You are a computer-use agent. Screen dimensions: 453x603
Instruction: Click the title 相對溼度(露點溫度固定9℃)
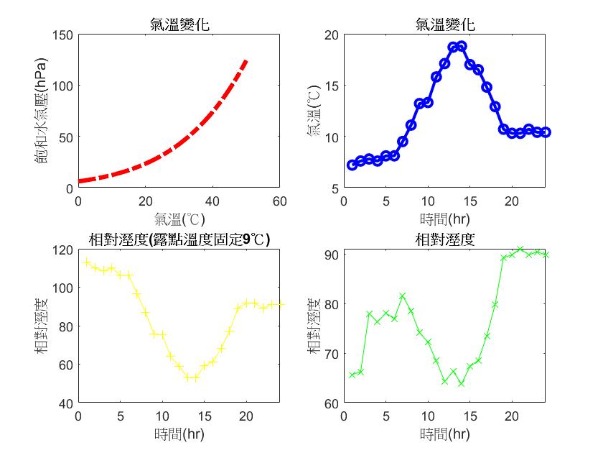pyautogui.click(x=179, y=239)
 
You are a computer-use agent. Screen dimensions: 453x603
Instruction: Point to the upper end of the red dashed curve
pyautogui.click(x=246, y=60)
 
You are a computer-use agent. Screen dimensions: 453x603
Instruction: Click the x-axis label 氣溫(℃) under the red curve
pyautogui.click(x=179, y=218)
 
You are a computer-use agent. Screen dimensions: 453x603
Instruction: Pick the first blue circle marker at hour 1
pyautogui.click(x=352, y=165)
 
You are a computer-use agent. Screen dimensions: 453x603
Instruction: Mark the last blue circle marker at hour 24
pyautogui.click(x=546, y=132)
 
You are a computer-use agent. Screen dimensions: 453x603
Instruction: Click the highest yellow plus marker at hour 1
pyautogui.click(x=87, y=262)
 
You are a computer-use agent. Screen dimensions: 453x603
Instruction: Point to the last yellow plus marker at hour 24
pyautogui.click(x=280, y=305)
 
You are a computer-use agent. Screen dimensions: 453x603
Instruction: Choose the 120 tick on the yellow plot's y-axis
pyautogui.click(x=63, y=250)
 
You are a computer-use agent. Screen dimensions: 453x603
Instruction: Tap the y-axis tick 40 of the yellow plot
pyautogui.click(x=66, y=403)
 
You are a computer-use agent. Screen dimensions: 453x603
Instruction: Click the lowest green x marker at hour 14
pyautogui.click(x=461, y=383)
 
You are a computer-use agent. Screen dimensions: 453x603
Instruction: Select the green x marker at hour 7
pyautogui.click(x=402, y=296)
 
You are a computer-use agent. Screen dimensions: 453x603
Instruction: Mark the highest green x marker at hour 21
pyautogui.click(x=520, y=250)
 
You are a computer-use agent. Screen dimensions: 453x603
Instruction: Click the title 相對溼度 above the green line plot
pyautogui.click(x=445, y=239)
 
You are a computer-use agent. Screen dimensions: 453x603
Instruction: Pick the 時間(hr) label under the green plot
pyautogui.click(x=445, y=434)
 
